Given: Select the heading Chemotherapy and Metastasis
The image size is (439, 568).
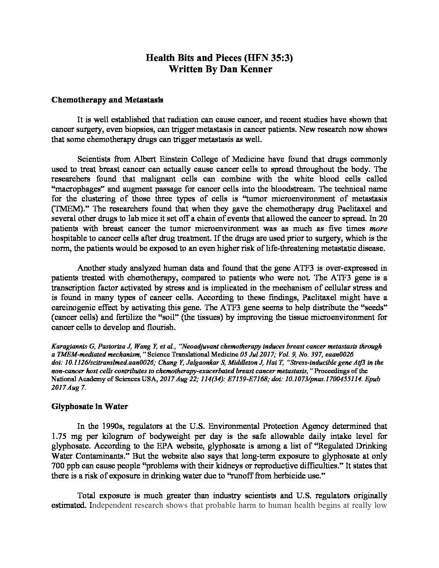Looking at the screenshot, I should pyautogui.click(x=107, y=100).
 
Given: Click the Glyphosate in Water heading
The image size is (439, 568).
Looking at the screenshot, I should pyautogui.click(x=90, y=406).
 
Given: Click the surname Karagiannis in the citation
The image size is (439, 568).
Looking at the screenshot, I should pyautogui.click(x=69, y=347).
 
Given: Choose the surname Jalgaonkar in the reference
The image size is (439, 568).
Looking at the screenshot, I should pyautogui.click(x=205, y=363).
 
